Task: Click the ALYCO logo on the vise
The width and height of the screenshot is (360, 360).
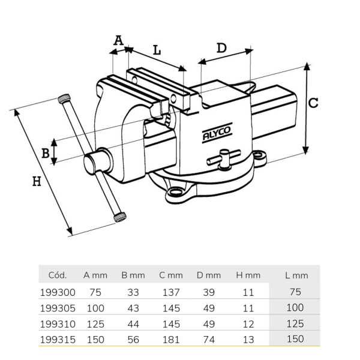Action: pyautogui.click(x=217, y=133)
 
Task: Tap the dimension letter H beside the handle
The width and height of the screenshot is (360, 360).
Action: pyautogui.click(x=37, y=181)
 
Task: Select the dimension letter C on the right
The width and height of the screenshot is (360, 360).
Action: pyautogui.click(x=313, y=103)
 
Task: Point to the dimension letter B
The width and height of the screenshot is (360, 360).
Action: pyautogui.click(x=45, y=153)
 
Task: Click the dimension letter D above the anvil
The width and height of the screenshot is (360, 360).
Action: pyautogui.click(x=221, y=48)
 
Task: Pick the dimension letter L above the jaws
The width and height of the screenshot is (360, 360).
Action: pyautogui.click(x=157, y=50)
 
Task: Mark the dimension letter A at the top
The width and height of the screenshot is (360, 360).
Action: pyautogui.click(x=118, y=40)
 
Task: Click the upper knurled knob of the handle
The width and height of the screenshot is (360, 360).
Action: pyautogui.click(x=64, y=98)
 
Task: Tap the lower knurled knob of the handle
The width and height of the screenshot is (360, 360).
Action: pyautogui.click(x=120, y=217)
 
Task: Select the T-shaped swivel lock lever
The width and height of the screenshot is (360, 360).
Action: pyautogui.click(x=224, y=159)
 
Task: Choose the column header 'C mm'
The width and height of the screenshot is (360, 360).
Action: pyautogui.click(x=171, y=275)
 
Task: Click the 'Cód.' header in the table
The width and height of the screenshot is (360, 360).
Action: pyautogui.click(x=58, y=275)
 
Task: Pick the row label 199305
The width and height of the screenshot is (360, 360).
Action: pyautogui.click(x=58, y=308)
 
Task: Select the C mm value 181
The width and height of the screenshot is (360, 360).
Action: pyautogui.click(x=171, y=340)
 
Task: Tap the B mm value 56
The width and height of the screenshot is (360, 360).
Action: pyautogui.click(x=133, y=340)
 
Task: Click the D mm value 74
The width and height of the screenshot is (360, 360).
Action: pyautogui.click(x=209, y=340)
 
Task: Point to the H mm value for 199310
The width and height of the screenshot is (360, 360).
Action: pyautogui.click(x=248, y=324)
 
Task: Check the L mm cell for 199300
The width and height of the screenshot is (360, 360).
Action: pyautogui.click(x=295, y=292)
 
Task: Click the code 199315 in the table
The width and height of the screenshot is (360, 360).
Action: pyautogui.click(x=58, y=340)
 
